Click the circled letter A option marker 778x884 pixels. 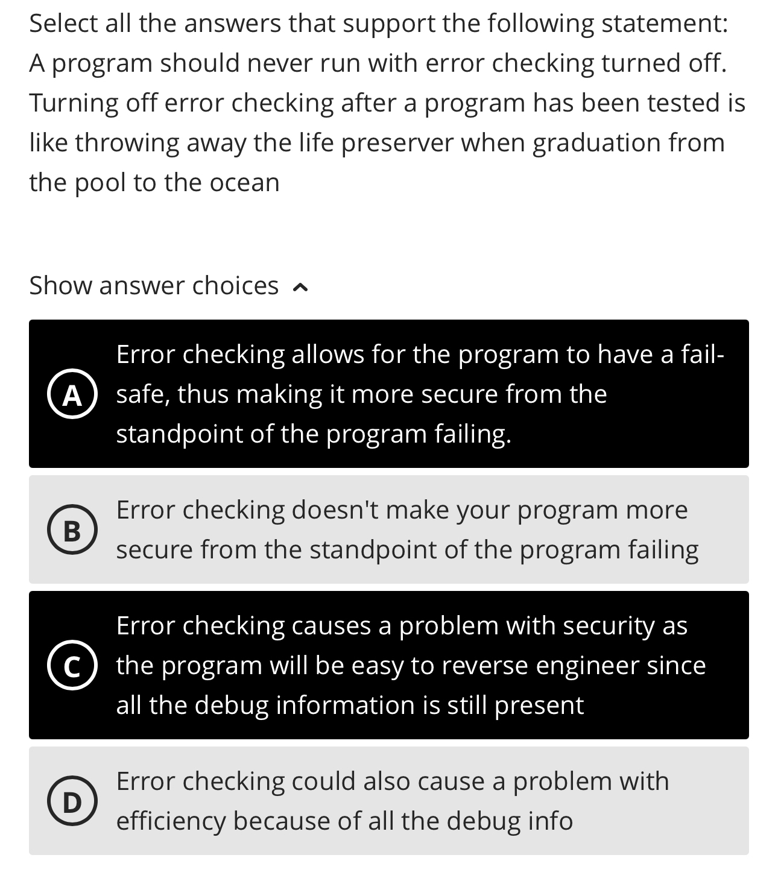tap(72, 395)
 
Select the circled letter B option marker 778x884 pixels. tap(72, 531)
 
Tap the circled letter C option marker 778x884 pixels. tap(72, 666)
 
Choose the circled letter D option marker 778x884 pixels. tap(72, 802)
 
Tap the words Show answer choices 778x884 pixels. tap(154, 285)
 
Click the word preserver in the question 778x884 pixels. tap(397, 142)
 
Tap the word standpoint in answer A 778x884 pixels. tap(179, 434)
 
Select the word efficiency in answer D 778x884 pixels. tap(170, 821)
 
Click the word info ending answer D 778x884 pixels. tap(550, 821)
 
